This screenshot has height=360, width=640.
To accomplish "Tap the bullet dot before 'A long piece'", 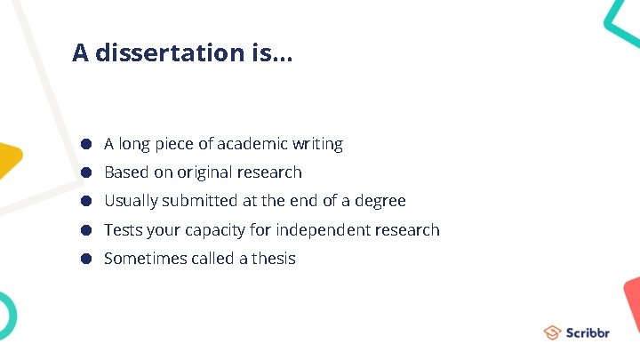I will point(87,143).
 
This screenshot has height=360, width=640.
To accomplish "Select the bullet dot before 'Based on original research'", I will point(87,172).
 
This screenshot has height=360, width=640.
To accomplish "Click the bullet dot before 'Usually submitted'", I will point(87,201).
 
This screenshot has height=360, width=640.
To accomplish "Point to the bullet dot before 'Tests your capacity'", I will point(87,230).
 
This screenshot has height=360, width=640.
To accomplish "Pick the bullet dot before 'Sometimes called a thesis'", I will point(87,259).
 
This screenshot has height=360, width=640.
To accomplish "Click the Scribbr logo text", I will point(588,332).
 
